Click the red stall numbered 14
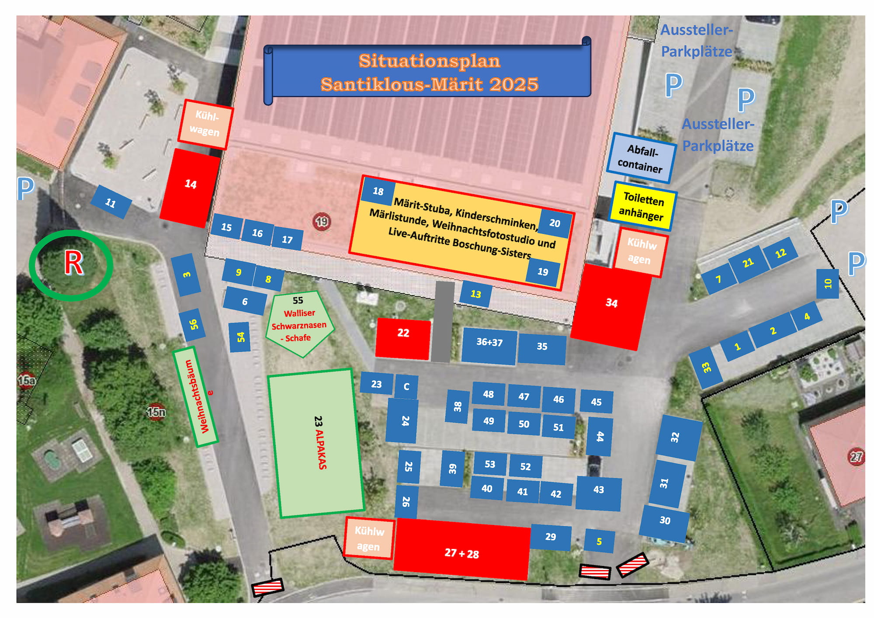(x=190, y=187)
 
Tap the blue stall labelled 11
(x=111, y=202)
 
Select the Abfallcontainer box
(x=640, y=158)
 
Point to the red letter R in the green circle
(x=73, y=264)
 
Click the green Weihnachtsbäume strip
(x=195, y=397)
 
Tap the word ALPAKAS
(x=322, y=450)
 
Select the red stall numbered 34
(x=611, y=306)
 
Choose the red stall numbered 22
(x=403, y=338)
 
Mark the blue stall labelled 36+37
(x=489, y=345)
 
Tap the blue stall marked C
(x=406, y=386)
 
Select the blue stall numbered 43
(x=598, y=493)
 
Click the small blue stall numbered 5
(x=599, y=541)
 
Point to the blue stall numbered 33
(x=706, y=368)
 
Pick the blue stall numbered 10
(x=827, y=284)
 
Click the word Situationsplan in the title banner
(x=429, y=61)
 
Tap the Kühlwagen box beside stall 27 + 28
(x=369, y=538)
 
